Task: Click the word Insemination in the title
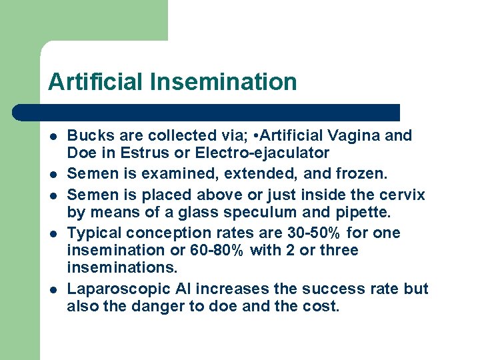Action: pos(223,82)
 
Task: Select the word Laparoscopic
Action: pos(117,289)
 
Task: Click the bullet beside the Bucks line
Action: pos(53,136)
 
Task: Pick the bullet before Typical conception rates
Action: pos(53,233)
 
